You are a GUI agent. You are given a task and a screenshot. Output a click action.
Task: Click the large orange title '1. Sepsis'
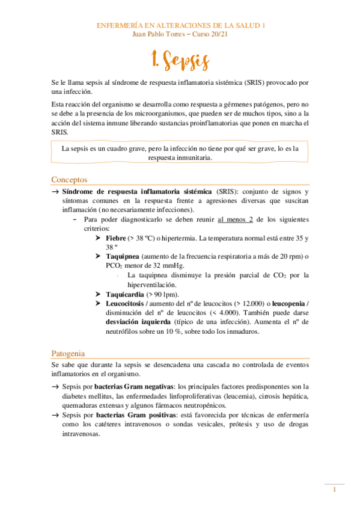pos(180,61)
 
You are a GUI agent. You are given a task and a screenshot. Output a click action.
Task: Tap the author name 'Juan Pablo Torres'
pos(157,34)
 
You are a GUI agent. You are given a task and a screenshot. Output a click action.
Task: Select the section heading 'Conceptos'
pos(69,179)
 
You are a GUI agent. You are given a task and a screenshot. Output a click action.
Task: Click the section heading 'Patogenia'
pos(68,353)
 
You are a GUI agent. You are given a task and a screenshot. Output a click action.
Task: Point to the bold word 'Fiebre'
pos(117,238)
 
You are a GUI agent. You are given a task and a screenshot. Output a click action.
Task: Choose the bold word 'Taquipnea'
pos(124,256)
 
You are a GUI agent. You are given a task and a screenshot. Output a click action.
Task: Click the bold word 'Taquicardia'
pos(124,294)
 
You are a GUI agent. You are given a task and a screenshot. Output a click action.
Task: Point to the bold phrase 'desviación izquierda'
pos(139,321)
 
